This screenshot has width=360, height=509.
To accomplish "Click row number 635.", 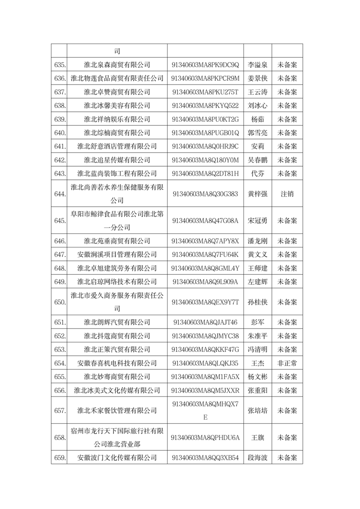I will click(60, 65).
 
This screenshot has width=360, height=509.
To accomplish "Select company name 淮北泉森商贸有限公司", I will click(117, 65).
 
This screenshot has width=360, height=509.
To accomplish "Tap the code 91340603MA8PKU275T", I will click(205, 92).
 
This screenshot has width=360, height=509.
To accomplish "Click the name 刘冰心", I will click(257, 106).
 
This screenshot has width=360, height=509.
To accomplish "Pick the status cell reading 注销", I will click(287, 193).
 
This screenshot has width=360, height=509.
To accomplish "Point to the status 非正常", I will click(287, 363).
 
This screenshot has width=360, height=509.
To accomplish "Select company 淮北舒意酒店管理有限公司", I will click(117, 146).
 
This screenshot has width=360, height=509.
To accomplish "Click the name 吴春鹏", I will click(257, 160).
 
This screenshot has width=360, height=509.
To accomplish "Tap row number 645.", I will click(60, 221).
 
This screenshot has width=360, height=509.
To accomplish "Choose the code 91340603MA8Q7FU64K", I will click(205, 254).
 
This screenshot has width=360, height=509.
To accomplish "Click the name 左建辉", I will click(257, 282).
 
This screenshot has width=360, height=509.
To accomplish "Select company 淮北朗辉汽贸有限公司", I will click(117, 322).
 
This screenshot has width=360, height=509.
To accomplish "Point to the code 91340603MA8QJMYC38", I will click(205, 336).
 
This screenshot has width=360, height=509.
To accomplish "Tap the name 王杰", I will click(257, 363).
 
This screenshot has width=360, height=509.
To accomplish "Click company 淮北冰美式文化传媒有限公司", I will click(117, 390).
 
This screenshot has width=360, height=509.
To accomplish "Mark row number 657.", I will click(60, 410).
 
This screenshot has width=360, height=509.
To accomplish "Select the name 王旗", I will click(257, 438).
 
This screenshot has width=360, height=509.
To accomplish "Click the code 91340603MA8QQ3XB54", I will click(205, 458).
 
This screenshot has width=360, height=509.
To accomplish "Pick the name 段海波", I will click(257, 458).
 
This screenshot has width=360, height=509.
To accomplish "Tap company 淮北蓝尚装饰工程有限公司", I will click(117, 173).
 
